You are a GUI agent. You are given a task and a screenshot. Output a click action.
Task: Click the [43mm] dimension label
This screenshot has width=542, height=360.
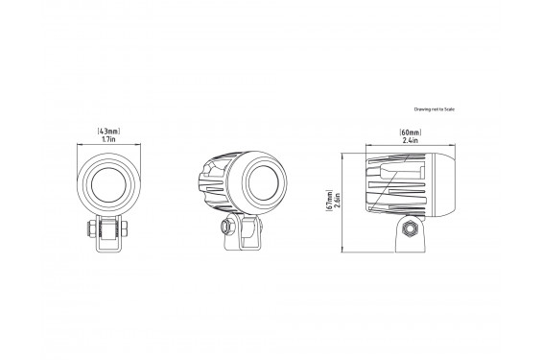pyautogui.click(x=109, y=132)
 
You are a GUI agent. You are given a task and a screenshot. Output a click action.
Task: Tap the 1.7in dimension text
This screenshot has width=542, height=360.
pyautogui.click(x=109, y=139)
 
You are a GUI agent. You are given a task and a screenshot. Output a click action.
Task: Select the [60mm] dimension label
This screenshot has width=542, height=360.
pyautogui.click(x=411, y=132)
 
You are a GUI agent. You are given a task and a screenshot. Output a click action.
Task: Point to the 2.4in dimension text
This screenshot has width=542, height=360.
pyautogui.click(x=411, y=140)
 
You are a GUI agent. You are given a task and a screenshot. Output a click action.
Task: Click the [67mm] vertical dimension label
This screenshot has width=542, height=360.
pyautogui.click(x=329, y=201)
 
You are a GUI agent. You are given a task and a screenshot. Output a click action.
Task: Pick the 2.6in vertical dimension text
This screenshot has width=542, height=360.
pyautogui.click(x=338, y=201)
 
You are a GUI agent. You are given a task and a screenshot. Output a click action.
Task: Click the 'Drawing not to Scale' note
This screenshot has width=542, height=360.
pyautogui.click(x=435, y=109)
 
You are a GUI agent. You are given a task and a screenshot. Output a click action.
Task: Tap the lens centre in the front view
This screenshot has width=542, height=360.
pyautogui.click(x=108, y=184)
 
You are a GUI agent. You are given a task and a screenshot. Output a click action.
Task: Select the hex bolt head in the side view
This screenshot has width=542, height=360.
pyautogui.click(x=411, y=228)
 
